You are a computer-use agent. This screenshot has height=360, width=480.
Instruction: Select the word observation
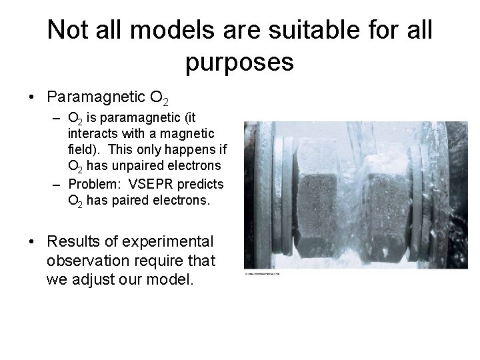click(x=87, y=260)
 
